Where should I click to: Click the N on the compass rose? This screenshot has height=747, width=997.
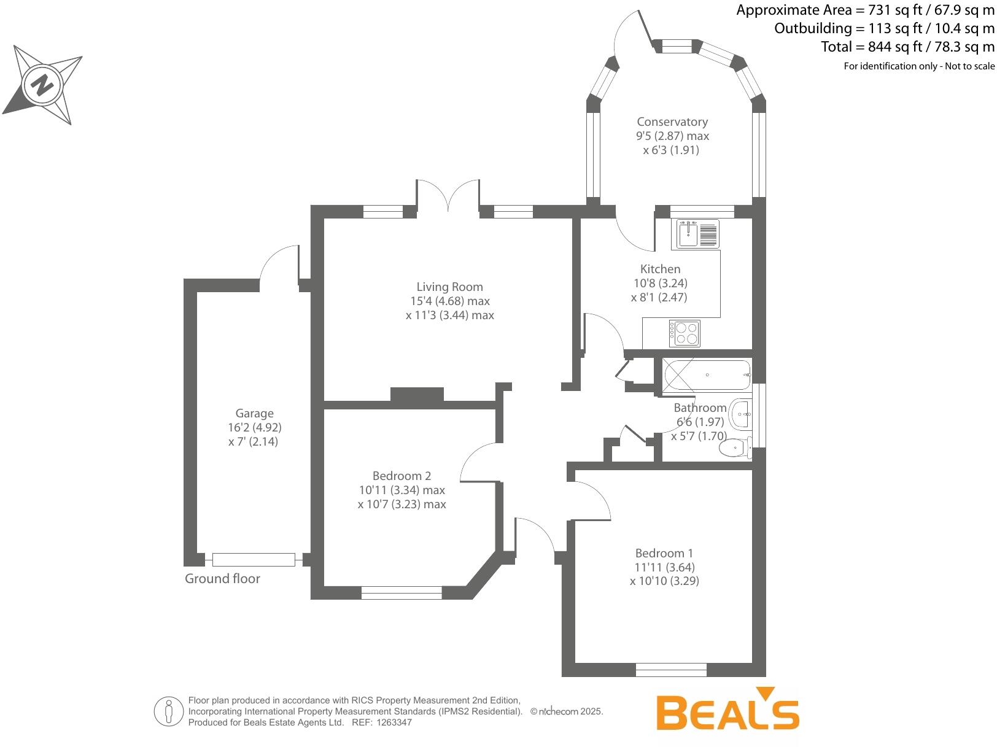(x=42, y=85)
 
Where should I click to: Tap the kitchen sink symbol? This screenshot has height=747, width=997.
(x=697, y=234)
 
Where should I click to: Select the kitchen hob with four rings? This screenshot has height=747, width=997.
(x=685, y=333)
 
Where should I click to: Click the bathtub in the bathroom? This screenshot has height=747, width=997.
(x=706, y=374)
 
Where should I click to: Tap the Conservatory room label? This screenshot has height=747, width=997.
(x=672, y=122)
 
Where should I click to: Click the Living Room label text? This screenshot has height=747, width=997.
(x=449, y=287)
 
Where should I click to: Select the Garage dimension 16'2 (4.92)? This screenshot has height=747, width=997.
(x=254, y=427)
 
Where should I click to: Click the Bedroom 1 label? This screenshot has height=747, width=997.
(x=664, y=553)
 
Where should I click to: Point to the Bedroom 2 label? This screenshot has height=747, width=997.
(x=402, y=476)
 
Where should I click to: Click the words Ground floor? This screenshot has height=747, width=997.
(x=222, y=579)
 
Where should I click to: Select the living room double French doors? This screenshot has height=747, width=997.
(x=448, y=196)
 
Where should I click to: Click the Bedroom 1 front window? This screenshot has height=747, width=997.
(x=670, y=670)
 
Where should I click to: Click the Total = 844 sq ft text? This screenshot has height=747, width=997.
(x=907, y=47)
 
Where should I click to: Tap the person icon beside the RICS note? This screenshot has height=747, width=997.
(x=168, y=711)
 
